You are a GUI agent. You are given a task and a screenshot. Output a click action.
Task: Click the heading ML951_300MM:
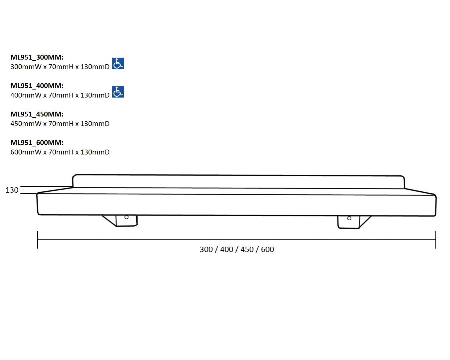pyautogui.click(x=37, y=57)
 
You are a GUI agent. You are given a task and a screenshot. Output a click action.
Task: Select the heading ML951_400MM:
pyautogui.click(x=37, y=86)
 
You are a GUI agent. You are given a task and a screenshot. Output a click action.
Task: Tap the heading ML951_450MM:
pyautogui.click(x=37, y=114)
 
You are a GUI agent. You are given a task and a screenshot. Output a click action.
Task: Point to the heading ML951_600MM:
pyautogui.click(x=37, y=143)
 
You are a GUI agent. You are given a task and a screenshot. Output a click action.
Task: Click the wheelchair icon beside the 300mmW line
pyautogui.click(x=118, y=63)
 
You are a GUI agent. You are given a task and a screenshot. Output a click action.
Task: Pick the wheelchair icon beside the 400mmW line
pyautogui.click(x=118, y=92)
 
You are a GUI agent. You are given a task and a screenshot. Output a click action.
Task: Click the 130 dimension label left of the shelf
pyautogui.click(x=12, y=190)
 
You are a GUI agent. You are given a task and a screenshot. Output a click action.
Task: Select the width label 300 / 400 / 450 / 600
pyautogui.click(x=237, y=249)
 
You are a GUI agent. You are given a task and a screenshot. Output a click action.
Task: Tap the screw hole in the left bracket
pyautogui.click(x=127, y=217)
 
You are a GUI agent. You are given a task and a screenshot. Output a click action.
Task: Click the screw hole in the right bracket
pyautogui.click(x=349, y=218)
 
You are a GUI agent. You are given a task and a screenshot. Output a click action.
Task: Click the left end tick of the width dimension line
pyautogui.click(x=38, y=240)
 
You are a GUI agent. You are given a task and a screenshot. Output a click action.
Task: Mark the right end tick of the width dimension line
pyautogui.click(x=436, y=240)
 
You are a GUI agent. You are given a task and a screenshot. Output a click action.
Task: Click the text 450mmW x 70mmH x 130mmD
pyautogui.click(x=60, y=124)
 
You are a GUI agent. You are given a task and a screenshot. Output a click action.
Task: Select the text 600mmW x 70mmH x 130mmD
pyautogui.click(x=60, y=152)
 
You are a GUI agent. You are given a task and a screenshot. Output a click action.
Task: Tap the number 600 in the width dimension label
pyautogui.click(x=267, y=249)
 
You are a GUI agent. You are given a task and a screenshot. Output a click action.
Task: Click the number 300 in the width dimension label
pyautogui.click(x=206, y=249)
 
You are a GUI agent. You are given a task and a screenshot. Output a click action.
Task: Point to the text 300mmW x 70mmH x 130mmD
pyautogui.click(x=60, y=67)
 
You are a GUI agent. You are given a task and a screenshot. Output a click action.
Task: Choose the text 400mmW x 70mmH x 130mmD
pyautogui.click(x=60, y=95)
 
